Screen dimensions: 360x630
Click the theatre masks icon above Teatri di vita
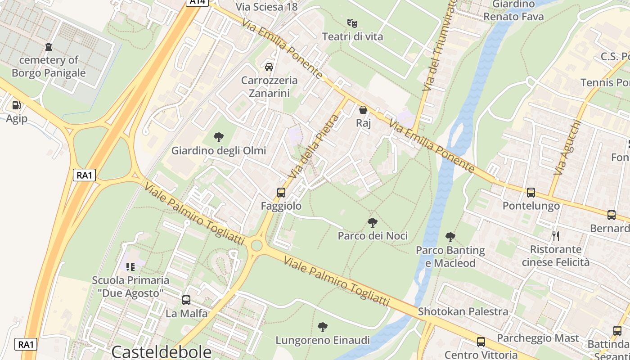[352, 22]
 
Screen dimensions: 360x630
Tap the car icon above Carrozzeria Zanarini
[269, 67]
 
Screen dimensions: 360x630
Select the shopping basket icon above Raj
[363, 109]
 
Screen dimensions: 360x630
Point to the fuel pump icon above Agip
[16, 105]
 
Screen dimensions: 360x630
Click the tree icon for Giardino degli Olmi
[219, 137]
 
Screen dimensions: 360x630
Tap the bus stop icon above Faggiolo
[281, 192]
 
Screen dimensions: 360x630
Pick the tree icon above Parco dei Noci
[372, 222]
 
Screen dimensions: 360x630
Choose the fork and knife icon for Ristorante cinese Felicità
[556, 236]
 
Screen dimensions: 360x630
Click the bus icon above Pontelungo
[531, 193]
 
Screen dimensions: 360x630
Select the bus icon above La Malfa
[186, 300]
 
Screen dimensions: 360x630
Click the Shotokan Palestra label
[463, 311]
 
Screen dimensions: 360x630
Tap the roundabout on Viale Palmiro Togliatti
[256, 245]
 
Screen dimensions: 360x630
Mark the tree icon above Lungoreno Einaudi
[322, 327]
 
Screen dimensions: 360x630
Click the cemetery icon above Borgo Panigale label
[49, 46]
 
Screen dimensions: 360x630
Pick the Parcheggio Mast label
[538, 338]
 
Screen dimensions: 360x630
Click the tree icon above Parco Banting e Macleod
[450, 237]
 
